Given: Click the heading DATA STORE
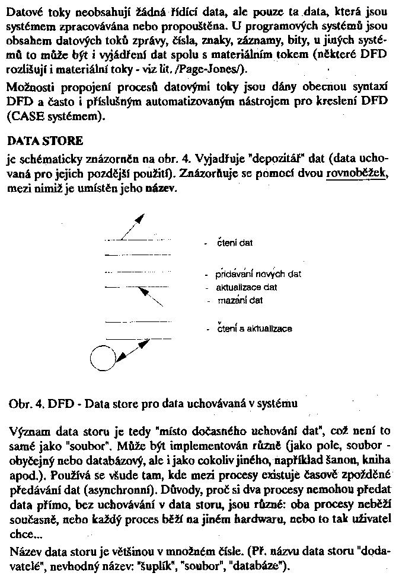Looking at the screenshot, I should click(44, 142).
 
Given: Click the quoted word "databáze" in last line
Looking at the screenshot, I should click(263, 566).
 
